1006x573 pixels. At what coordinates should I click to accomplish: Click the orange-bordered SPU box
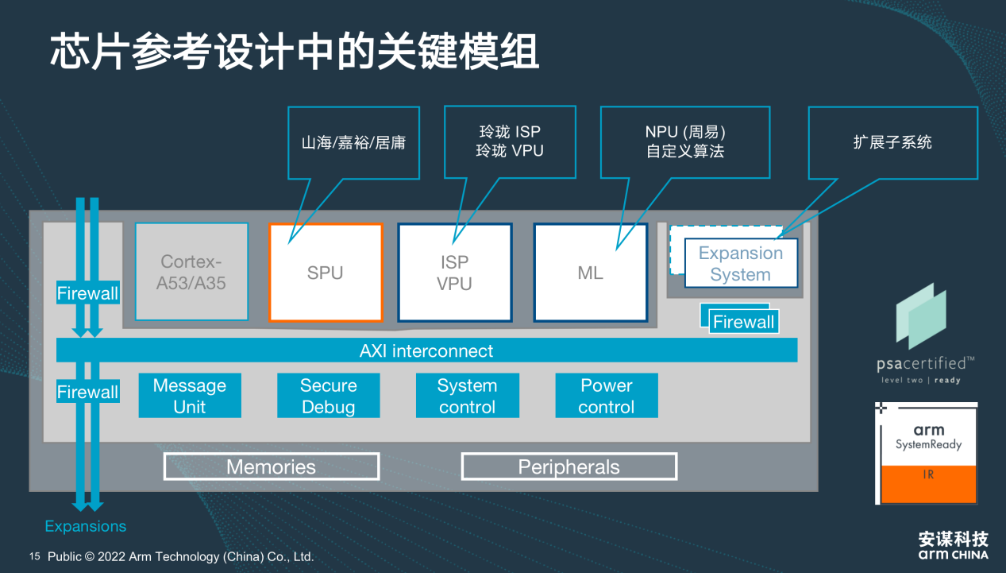tap(326, 273)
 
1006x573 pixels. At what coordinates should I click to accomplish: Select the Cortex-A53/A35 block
tap(191, 273)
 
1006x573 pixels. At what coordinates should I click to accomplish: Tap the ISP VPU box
tap(455, 273)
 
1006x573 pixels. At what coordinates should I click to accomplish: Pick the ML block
tap(590, 273)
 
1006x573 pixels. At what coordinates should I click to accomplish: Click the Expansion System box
tap(740, 264)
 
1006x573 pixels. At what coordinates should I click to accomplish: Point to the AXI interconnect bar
tap(426, 350)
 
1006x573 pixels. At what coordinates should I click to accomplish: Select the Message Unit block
tap(190, 396)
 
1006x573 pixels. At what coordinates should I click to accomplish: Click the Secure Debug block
tap(328, 396)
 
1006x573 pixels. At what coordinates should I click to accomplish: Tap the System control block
tap(467, 396)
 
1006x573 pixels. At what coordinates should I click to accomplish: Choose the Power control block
tap(607, 396)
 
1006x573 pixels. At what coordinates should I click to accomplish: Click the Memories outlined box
tap(272, 467)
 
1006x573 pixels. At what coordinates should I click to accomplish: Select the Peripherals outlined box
tap(569, 467)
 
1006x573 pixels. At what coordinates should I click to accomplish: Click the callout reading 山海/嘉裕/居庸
tap(353, 143)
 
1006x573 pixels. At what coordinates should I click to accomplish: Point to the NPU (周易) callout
tap(684, 141)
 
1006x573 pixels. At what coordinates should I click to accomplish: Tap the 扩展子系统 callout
tap(892, 142)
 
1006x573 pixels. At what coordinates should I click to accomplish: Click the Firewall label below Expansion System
tap(743, 322)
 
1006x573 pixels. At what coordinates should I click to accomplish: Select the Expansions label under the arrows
tap(85, 526)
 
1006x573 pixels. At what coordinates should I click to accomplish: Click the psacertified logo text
tap(924, 364)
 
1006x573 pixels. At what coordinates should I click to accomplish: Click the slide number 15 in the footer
tap(35, 556)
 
